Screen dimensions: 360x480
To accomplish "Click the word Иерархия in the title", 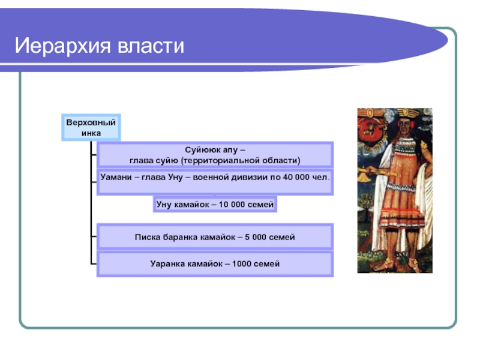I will point(57,46).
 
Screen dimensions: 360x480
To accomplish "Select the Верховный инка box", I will point(91,127).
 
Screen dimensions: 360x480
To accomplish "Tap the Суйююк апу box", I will point(215,155).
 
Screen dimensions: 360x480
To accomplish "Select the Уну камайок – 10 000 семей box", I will point(215,205).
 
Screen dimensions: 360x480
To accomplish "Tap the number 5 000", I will point(259,237).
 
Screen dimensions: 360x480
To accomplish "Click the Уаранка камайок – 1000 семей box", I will point(215,264).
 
